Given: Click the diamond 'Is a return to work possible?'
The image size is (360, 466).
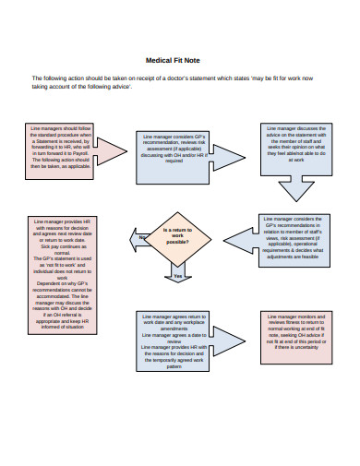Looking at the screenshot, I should pos(179,236).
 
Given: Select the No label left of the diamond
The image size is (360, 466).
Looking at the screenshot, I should pos(143,238).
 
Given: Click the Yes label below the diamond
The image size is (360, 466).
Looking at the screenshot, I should pos(177,276).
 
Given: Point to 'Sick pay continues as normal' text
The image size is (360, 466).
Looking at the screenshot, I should pos(61,251).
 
